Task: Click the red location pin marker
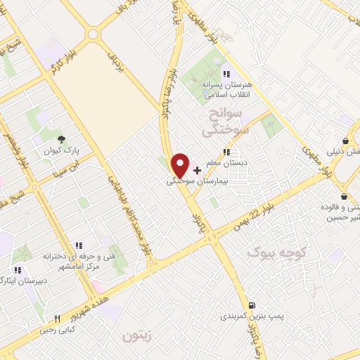[180, 165]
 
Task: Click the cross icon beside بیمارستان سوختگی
[197, 170]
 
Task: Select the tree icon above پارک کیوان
[61, 139]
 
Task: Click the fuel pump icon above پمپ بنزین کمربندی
[251, 305]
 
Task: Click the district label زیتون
[137, 335]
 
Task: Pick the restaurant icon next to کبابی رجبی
[58, 318]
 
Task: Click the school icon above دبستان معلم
[226, 151]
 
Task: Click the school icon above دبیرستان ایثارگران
[18, 269]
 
